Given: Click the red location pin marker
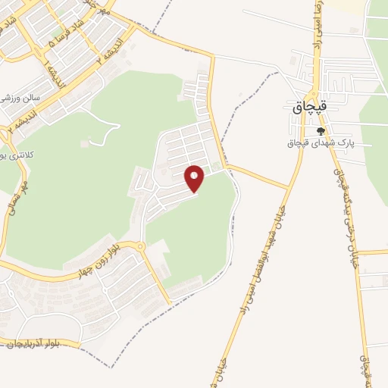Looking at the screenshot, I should [195, 179].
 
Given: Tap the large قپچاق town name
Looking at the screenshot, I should [309, 108].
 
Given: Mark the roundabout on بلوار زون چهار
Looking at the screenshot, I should [139, 246].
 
